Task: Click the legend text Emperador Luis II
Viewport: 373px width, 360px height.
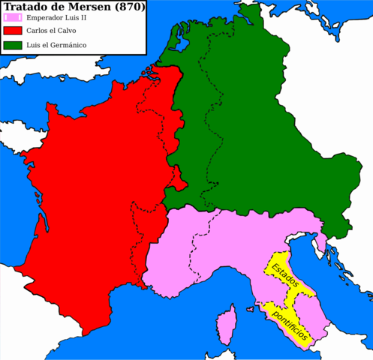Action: coord(57,18)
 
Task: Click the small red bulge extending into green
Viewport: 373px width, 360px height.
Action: coord(179,178)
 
